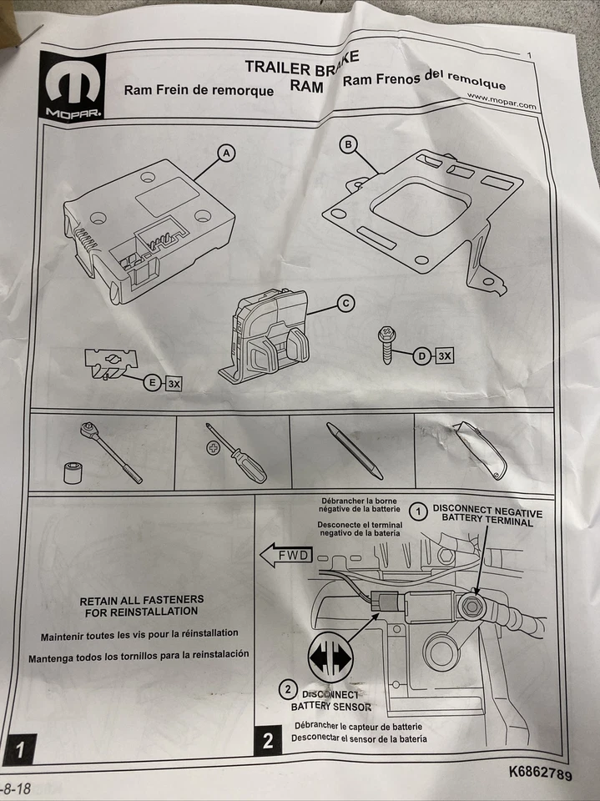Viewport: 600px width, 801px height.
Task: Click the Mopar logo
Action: click(x=73, y=86)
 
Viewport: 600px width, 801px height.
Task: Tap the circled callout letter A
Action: click(x=225, y=153)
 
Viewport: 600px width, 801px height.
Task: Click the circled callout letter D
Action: click(x=423, y=356)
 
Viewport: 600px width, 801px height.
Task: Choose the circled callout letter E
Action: click(x=152, y=383)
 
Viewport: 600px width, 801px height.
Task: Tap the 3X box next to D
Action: click(x=445, y=356)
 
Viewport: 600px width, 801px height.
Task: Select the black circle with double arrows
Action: click(x=331, y=655)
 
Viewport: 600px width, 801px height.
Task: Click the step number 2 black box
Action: click(x=268, y=740)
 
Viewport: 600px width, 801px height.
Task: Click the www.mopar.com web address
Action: click(x=502, y=100)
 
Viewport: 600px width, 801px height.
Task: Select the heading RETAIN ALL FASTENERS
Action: click(x=141, y=600)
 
